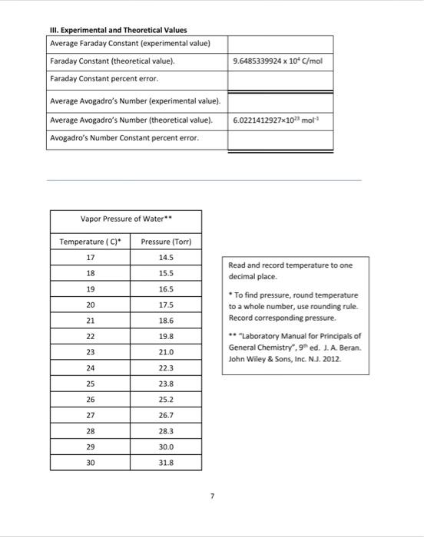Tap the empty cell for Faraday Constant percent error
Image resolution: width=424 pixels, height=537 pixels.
click(280, 79)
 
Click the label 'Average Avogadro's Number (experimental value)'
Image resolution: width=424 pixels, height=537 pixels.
click(135, 101)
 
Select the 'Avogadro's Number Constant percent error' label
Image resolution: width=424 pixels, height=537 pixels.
click(124, 139)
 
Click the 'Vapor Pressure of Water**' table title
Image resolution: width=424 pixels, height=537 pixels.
click(126, 219)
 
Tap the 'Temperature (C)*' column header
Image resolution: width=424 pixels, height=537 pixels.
click(88, 242)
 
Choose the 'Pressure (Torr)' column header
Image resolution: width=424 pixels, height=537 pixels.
click(166, 242)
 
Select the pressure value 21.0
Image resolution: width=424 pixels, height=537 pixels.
click(166, 352)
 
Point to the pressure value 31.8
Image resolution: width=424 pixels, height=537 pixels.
click(166, 463)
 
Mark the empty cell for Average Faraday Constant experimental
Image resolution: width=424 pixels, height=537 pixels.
click(280, 43)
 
